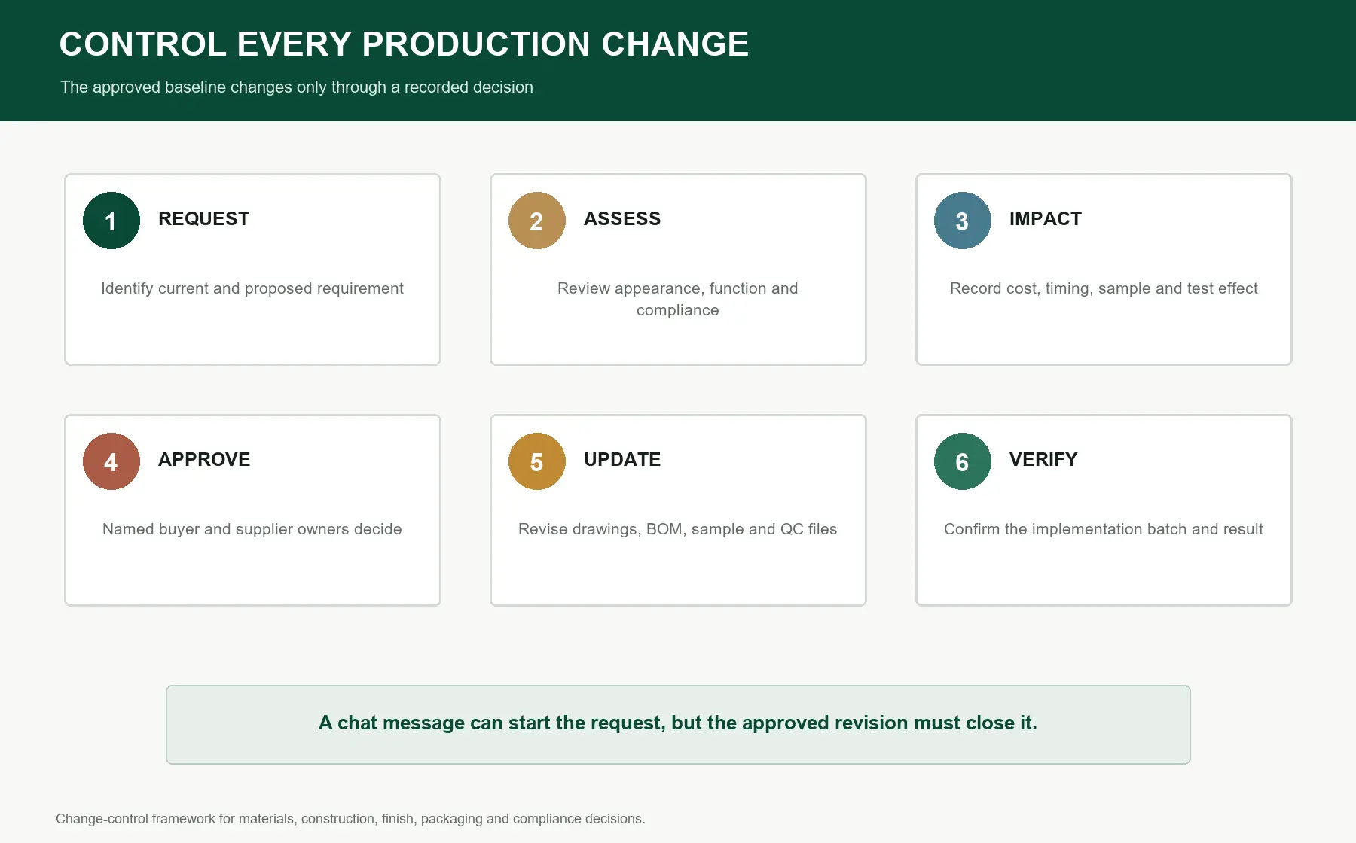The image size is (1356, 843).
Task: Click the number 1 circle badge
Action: pos(111,221)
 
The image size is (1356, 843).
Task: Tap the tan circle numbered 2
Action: pos(537,221)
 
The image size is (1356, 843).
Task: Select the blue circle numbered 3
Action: pos(963,221)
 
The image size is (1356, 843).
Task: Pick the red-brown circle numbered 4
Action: pos(111,461)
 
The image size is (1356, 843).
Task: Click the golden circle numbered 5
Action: pos(537,461)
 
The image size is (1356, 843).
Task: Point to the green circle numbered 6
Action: pos(963,461)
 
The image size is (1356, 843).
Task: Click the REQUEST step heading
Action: pos(203,219)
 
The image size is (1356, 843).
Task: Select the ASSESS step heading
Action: pos(622,219)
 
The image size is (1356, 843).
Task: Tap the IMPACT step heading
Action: pos(1046,219)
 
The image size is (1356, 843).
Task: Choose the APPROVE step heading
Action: pos(204,460)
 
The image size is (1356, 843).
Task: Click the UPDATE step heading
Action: pos(622,460)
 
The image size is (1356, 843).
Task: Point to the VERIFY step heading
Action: pos(1043,460)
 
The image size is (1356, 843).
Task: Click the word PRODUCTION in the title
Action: pos(476,44)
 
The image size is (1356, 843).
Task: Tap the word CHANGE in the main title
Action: pos(675,44)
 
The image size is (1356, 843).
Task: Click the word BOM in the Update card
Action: pos(664,529)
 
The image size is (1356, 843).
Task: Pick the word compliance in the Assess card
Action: pos(678,311)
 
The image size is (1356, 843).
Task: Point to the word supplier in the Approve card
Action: pos(264,530)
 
